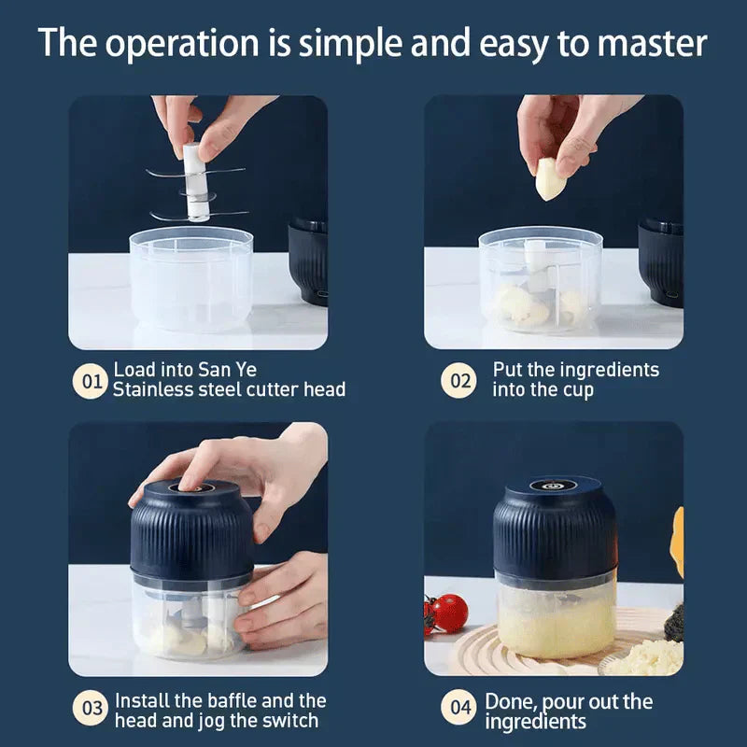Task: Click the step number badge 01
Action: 92,381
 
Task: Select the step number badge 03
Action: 92,709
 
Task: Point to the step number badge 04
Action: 458,709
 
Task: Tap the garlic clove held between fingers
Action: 550,178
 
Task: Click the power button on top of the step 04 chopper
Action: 554,486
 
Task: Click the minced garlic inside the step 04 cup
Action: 555,625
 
